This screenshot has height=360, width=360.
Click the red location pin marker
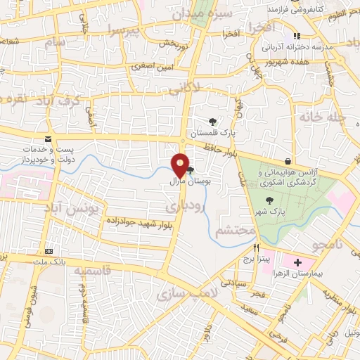pyautogui.click(x=181, y=166)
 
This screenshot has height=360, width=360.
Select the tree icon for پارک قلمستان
pyautogui.click(x=212, y=122)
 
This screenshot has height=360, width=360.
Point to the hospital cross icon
pyautogui.click(x=298, y=262)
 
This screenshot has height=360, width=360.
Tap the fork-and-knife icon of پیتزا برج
pyautogui.click(x=257, y=248)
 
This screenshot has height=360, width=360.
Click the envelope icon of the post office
pyautogui.click(x=48, y=139)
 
